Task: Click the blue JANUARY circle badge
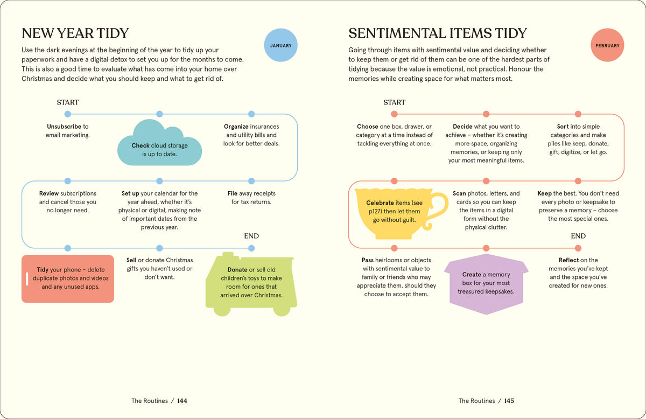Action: pyautogui.click(x=280, y=45)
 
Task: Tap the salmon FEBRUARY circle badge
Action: pyautogui.click(x=607, y=45)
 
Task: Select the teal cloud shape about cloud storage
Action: pyautogui.click(x=159, y=143)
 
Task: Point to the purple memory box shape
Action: pyautogui.click(x=486, y=284)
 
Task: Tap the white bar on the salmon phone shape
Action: pyautogui.click(x=27, y=279)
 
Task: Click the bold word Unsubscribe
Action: pyautogui.click(x=64, y=127)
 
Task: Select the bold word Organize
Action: pyautogui.click(x=236, y=127)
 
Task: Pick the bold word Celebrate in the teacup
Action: pyautogui.click(x=380, y=202)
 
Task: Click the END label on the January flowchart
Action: pyautogui.click(x=251, y=236)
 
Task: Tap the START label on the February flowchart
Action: pyautogui.click(x=394, y=102)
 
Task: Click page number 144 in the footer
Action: pyautogui.click(x=182, y=401)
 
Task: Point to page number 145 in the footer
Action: pyautogui.click(x=509, y=401)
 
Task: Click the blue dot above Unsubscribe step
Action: pyautogui.click(x=67, y=114)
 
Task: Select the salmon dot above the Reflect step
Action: pyautogui.click(x=578, y=248)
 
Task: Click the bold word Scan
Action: pyautogui.click(x=459, y=193)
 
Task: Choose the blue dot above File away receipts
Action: pyautogui.click(x=251, y=181)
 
